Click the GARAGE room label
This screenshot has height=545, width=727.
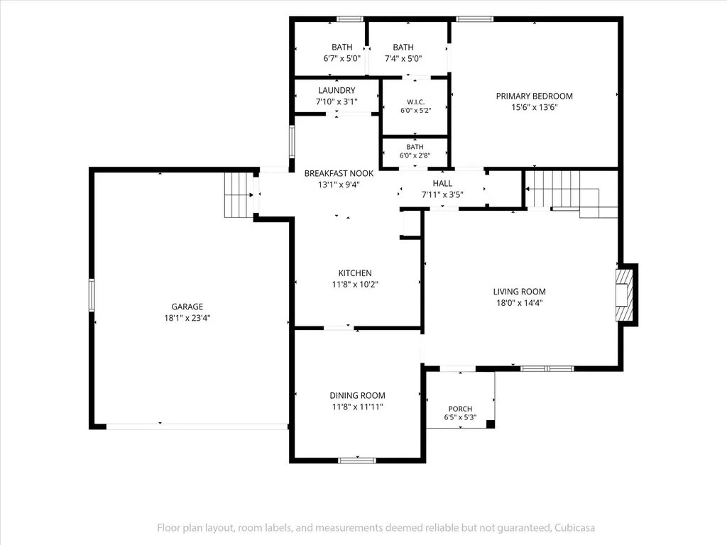(x=187, y=307)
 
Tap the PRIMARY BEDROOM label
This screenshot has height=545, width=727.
(x=534, y=96)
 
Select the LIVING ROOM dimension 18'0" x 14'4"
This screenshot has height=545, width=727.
(x=519, y=302)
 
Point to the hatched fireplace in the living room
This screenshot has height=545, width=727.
(x=624, y=294)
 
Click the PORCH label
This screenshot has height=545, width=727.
(x=460, y=409)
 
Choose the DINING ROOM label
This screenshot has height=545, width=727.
(x=358, y=395)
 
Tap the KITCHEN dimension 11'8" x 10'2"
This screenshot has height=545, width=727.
(x=355, y=284)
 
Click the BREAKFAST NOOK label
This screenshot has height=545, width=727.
(x=339, y=173)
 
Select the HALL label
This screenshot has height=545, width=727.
(x=442, y=184)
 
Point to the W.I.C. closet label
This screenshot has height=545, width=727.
(x=416, y=102)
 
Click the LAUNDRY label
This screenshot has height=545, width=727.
(x=337, y=90)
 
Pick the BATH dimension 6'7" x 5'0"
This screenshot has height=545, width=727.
(x=341, y=58)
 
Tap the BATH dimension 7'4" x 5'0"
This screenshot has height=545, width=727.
(x=403, y=58)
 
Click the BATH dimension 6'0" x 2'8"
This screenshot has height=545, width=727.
(x=415, y=155)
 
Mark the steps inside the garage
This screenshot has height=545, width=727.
(x=239, y=194)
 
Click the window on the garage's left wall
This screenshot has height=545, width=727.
(x=92, y=294)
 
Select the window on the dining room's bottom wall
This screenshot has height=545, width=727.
(x=357, y=460)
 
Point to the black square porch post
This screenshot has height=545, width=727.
(x=490, y=424)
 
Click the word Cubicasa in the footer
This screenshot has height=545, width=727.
(x=575, y=528)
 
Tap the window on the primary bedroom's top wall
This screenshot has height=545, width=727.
(x=474, y=19)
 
